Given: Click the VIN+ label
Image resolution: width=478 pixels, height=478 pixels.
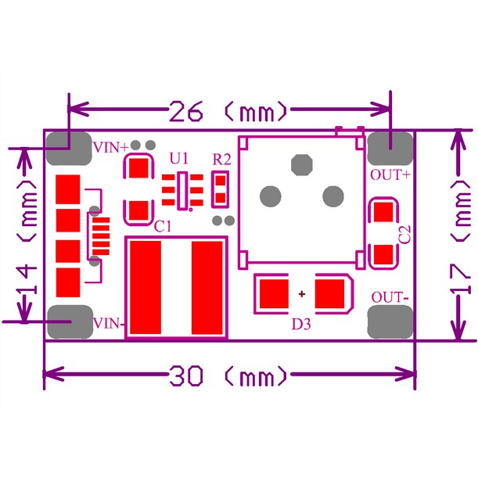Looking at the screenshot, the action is [111, 148].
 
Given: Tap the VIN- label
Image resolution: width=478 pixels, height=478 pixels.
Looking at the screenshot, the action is [109, 323].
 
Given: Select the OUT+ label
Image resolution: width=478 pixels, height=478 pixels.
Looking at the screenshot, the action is [390, 175].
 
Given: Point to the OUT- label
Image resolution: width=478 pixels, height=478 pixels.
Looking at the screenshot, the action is [390, 297].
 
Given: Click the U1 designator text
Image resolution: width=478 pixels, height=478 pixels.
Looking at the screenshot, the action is [178, 159].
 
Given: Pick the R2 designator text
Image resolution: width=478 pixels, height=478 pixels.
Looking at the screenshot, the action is [221, 160].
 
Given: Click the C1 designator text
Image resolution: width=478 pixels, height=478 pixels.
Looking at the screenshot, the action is [163, 226].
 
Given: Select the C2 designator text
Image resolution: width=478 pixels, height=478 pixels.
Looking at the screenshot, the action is [404, 235].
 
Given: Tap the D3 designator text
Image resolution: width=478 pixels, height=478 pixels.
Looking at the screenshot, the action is [301, 325].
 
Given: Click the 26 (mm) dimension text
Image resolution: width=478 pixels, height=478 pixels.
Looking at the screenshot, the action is [228, 111].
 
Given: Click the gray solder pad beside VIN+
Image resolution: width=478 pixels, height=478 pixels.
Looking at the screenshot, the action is [69, 149].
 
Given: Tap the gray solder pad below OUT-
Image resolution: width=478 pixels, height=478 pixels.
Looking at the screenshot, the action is [390, 322].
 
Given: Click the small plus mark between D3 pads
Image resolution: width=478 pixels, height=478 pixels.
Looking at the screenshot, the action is [302, 294].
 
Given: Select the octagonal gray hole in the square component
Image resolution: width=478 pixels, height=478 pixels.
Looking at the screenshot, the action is [302, 165].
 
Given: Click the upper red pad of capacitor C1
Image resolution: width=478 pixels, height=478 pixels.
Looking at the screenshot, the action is [138, 168].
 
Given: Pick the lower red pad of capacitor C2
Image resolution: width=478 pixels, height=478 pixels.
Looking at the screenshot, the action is [383, 254].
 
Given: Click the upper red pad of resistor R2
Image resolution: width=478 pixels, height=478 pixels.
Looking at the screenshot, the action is [220, 181].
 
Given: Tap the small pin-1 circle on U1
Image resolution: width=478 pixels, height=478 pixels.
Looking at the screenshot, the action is [191, 210].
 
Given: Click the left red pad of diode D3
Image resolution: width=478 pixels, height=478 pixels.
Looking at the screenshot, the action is [274, 294].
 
